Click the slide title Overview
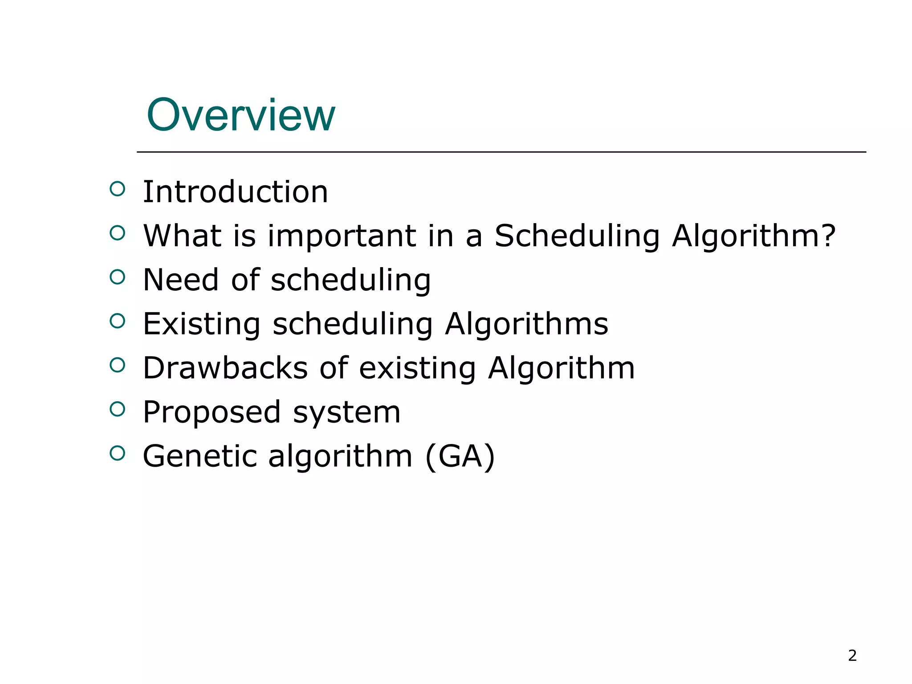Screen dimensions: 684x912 [240, 115]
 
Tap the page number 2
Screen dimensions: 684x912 [852, 655]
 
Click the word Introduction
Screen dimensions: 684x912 [235, 192]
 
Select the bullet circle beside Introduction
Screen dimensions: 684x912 [117, 189]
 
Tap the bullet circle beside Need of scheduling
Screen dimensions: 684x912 [117, 277]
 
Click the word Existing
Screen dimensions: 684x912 [201, 324]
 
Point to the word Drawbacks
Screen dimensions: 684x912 [225, 368]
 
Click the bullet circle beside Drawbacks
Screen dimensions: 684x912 [117, 365]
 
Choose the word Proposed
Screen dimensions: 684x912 [212, 412]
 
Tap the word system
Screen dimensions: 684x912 [347, 413]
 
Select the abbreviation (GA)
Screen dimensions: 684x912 [460, 456]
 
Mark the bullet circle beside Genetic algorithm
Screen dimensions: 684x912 [117, 453]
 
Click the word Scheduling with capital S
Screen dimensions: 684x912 [577, 236]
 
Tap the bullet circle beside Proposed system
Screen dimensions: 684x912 [117, 409]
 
